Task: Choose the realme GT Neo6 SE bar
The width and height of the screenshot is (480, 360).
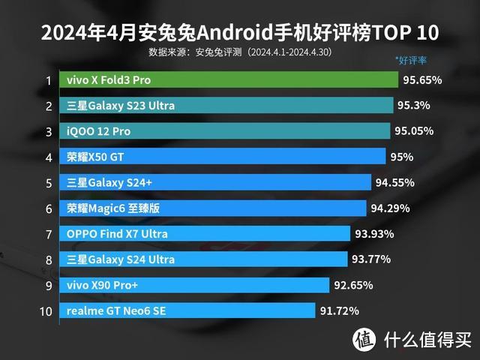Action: pos(188,310)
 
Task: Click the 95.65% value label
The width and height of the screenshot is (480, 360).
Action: pos(422,79)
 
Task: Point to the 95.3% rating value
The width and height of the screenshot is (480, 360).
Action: pos(416,106)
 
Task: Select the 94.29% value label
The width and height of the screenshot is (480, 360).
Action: pos(391,208)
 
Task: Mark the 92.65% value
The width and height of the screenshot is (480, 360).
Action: pos(354,285)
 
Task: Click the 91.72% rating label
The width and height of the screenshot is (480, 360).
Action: pos(339,310)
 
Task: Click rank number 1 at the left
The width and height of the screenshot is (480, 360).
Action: pos(48,80)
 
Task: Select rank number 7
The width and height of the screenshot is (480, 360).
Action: pos(48,234)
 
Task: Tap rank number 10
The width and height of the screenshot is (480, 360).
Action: pos(46,310)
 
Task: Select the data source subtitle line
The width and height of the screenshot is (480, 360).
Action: pos(240,52)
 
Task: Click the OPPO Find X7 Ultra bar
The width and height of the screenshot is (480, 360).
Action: pos(206,233)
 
